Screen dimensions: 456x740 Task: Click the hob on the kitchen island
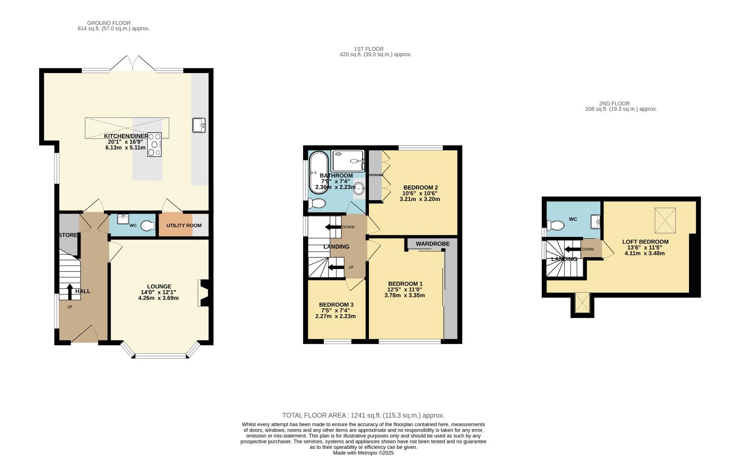click(154, 145)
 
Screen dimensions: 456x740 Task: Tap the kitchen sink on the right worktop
click(199, 125)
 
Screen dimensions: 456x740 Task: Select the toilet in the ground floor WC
click(147, 226)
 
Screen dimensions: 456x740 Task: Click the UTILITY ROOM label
click(184, 225)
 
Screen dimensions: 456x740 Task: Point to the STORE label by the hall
click(68, 235)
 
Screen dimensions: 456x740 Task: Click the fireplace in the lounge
click(202, 293)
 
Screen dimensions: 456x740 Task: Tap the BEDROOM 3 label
click(336, 304)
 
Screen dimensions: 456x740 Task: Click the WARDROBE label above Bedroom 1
click(433, 244)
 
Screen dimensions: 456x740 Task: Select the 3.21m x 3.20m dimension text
click(420, 199)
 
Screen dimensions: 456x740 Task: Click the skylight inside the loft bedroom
click(665, 220)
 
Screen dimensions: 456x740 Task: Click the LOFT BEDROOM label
click(645, 242)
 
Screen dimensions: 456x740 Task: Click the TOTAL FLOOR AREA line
click(363, 415)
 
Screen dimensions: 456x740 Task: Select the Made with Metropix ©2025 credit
click(363, 453)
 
